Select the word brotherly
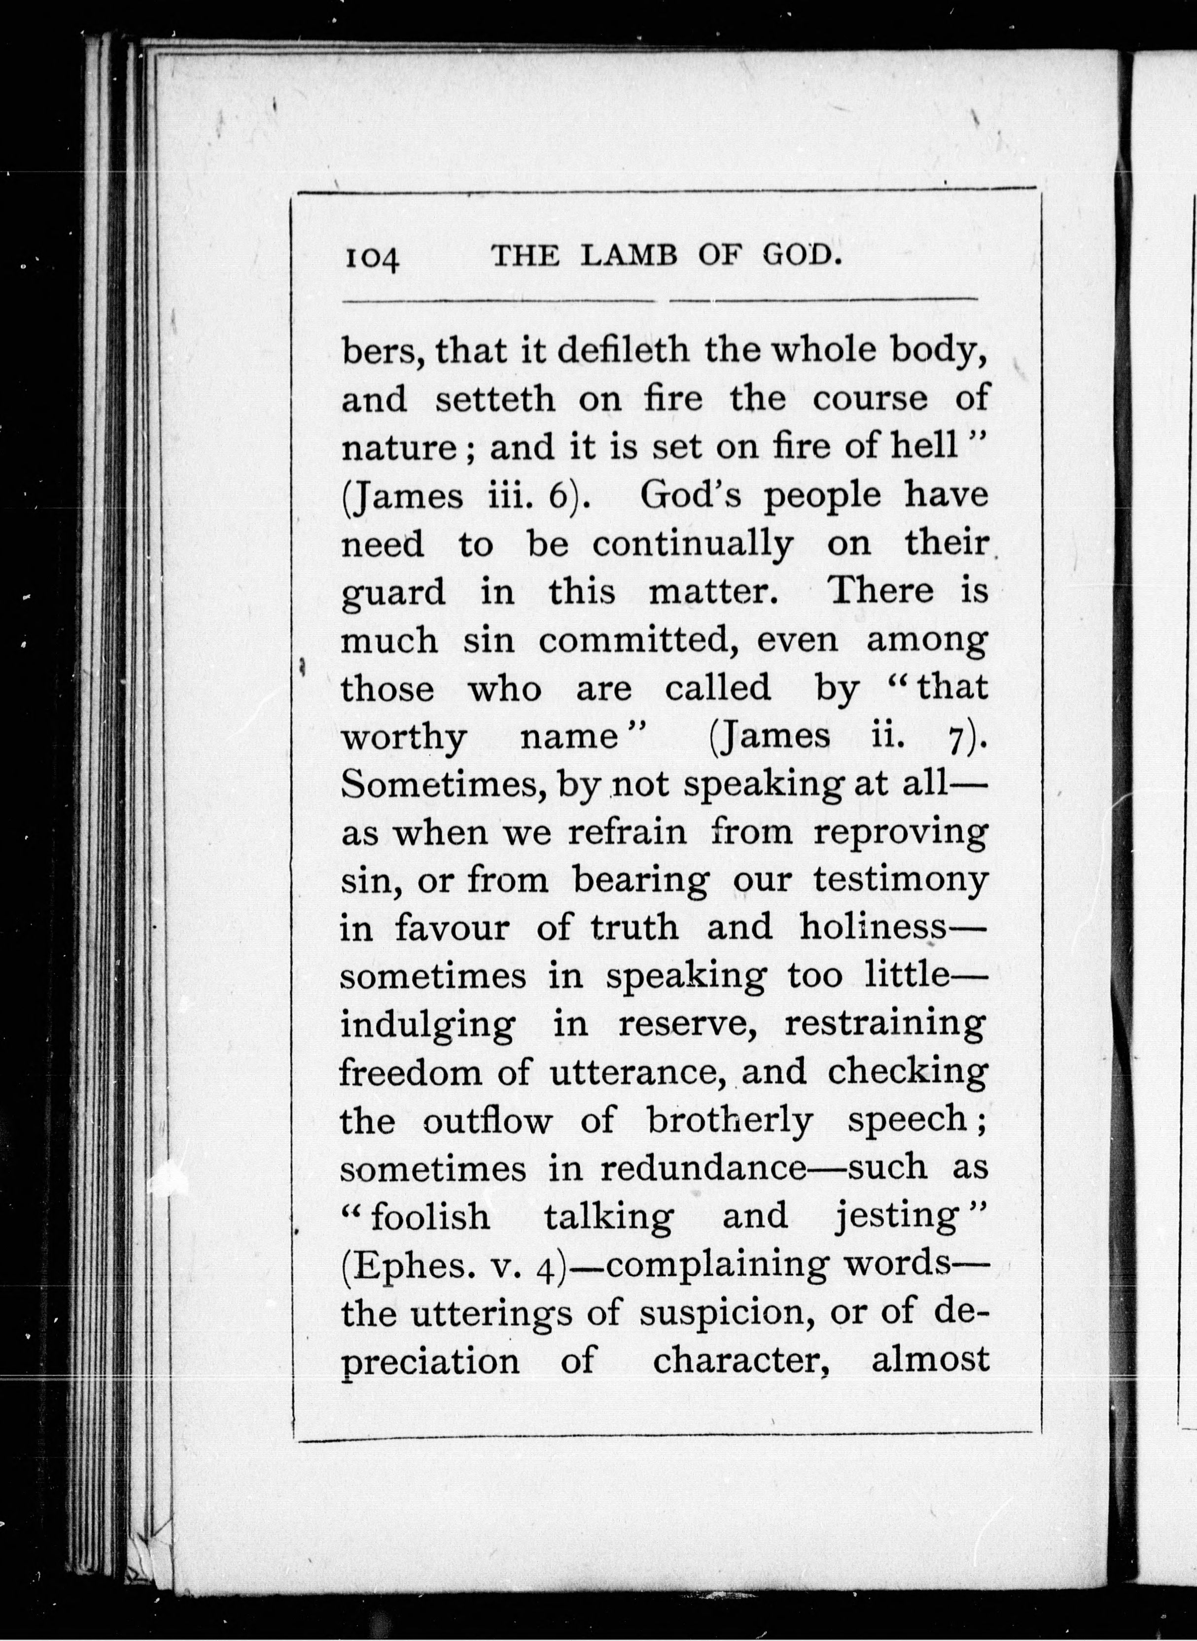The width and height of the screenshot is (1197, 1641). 730,1120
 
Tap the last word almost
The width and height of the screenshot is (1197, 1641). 930,1360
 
